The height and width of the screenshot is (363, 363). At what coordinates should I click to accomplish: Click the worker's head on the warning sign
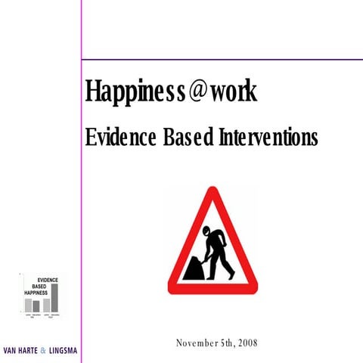pos(206,228)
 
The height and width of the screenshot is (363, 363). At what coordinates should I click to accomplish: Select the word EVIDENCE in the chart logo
pos(47,281)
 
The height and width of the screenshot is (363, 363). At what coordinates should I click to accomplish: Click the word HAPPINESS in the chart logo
pos(41,292)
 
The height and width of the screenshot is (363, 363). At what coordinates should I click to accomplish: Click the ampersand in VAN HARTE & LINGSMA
pos(43,351)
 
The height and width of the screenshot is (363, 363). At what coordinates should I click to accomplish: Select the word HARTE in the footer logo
pos(28,351)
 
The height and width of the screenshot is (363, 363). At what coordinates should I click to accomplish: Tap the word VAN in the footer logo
pos(11,351)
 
